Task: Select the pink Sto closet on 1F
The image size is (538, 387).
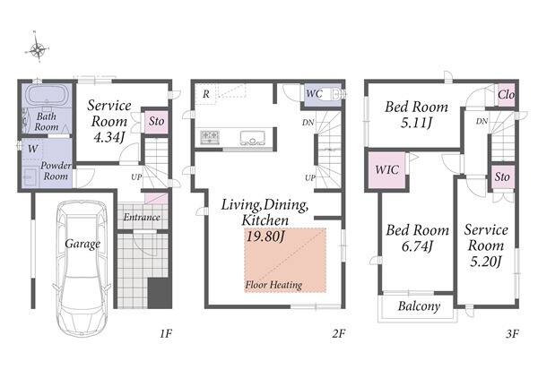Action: click(x=156, y=121)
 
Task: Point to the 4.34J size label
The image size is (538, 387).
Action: click(x=108, y=137)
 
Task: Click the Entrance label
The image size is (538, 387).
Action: click(x=142, y=217)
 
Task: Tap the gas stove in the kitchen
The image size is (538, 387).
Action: click(x=210, y=137)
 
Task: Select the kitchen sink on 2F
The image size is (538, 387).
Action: click(x=253, y=138)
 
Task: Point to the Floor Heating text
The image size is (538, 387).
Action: click(x=273, y=285)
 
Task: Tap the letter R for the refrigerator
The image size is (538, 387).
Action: click(x=206, y=93)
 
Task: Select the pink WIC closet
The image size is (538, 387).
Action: click(x=386, y=170)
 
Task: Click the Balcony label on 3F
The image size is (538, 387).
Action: click(x=419, y=306)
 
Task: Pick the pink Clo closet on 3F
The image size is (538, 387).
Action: click(x=506, y=94)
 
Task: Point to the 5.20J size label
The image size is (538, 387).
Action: click(x=486, y=262)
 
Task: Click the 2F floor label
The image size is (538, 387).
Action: click(x=338, y=333)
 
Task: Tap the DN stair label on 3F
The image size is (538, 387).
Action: click(x=482, y=121)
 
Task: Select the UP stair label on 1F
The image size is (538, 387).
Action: click(x=136, y=177)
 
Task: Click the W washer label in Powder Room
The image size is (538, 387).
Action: click(x=32, y=149)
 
